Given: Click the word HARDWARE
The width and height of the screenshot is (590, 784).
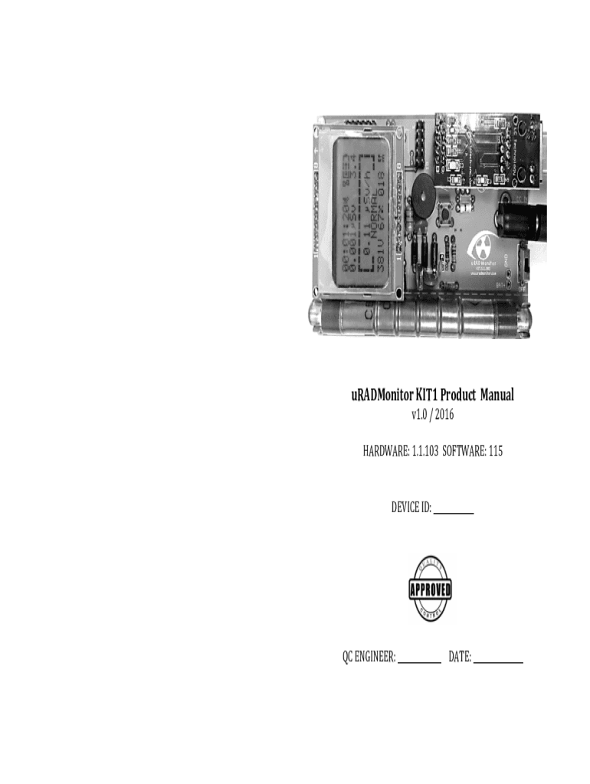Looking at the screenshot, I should [385, 452].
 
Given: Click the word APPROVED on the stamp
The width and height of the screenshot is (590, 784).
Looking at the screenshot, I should [431, 590].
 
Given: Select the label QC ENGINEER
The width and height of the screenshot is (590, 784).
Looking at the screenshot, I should [369, 657].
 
